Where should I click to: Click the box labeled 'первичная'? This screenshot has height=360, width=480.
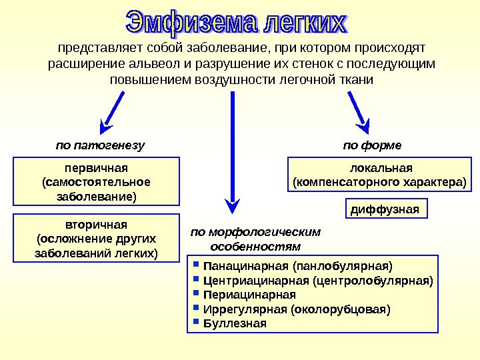[x=97, y=180]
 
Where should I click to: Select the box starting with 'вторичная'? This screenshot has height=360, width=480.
[x=97, y=237]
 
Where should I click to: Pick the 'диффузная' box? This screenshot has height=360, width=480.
[x=385, y=209]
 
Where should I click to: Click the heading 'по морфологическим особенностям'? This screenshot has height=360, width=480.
[x=255, y=239]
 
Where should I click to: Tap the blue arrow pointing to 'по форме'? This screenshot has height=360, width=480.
[x=357, y=108]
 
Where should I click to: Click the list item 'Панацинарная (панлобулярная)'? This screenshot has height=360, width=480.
[x=293, y=265]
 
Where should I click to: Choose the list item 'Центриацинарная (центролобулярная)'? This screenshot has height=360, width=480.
[x=317, y=280]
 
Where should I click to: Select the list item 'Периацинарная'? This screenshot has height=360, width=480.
[x=249, y=295]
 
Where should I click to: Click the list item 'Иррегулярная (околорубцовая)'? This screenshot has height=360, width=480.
[x=296, y=309]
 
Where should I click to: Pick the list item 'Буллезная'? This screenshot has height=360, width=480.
[x=234, y=324]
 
